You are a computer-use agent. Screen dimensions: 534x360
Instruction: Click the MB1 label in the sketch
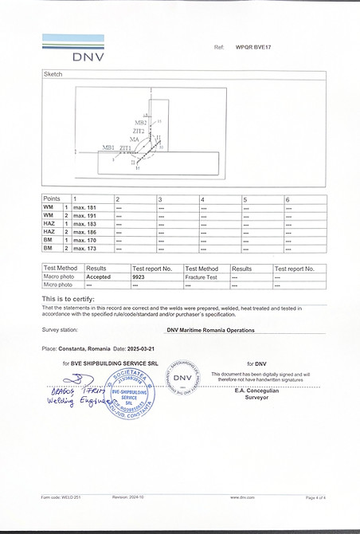[x=108, y=147]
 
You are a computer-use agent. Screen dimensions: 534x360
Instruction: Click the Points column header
[x=52, y=198]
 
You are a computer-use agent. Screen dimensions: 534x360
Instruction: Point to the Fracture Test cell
[x=200, y=277]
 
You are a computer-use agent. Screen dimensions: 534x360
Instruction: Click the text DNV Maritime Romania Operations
[x=211, y=329]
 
